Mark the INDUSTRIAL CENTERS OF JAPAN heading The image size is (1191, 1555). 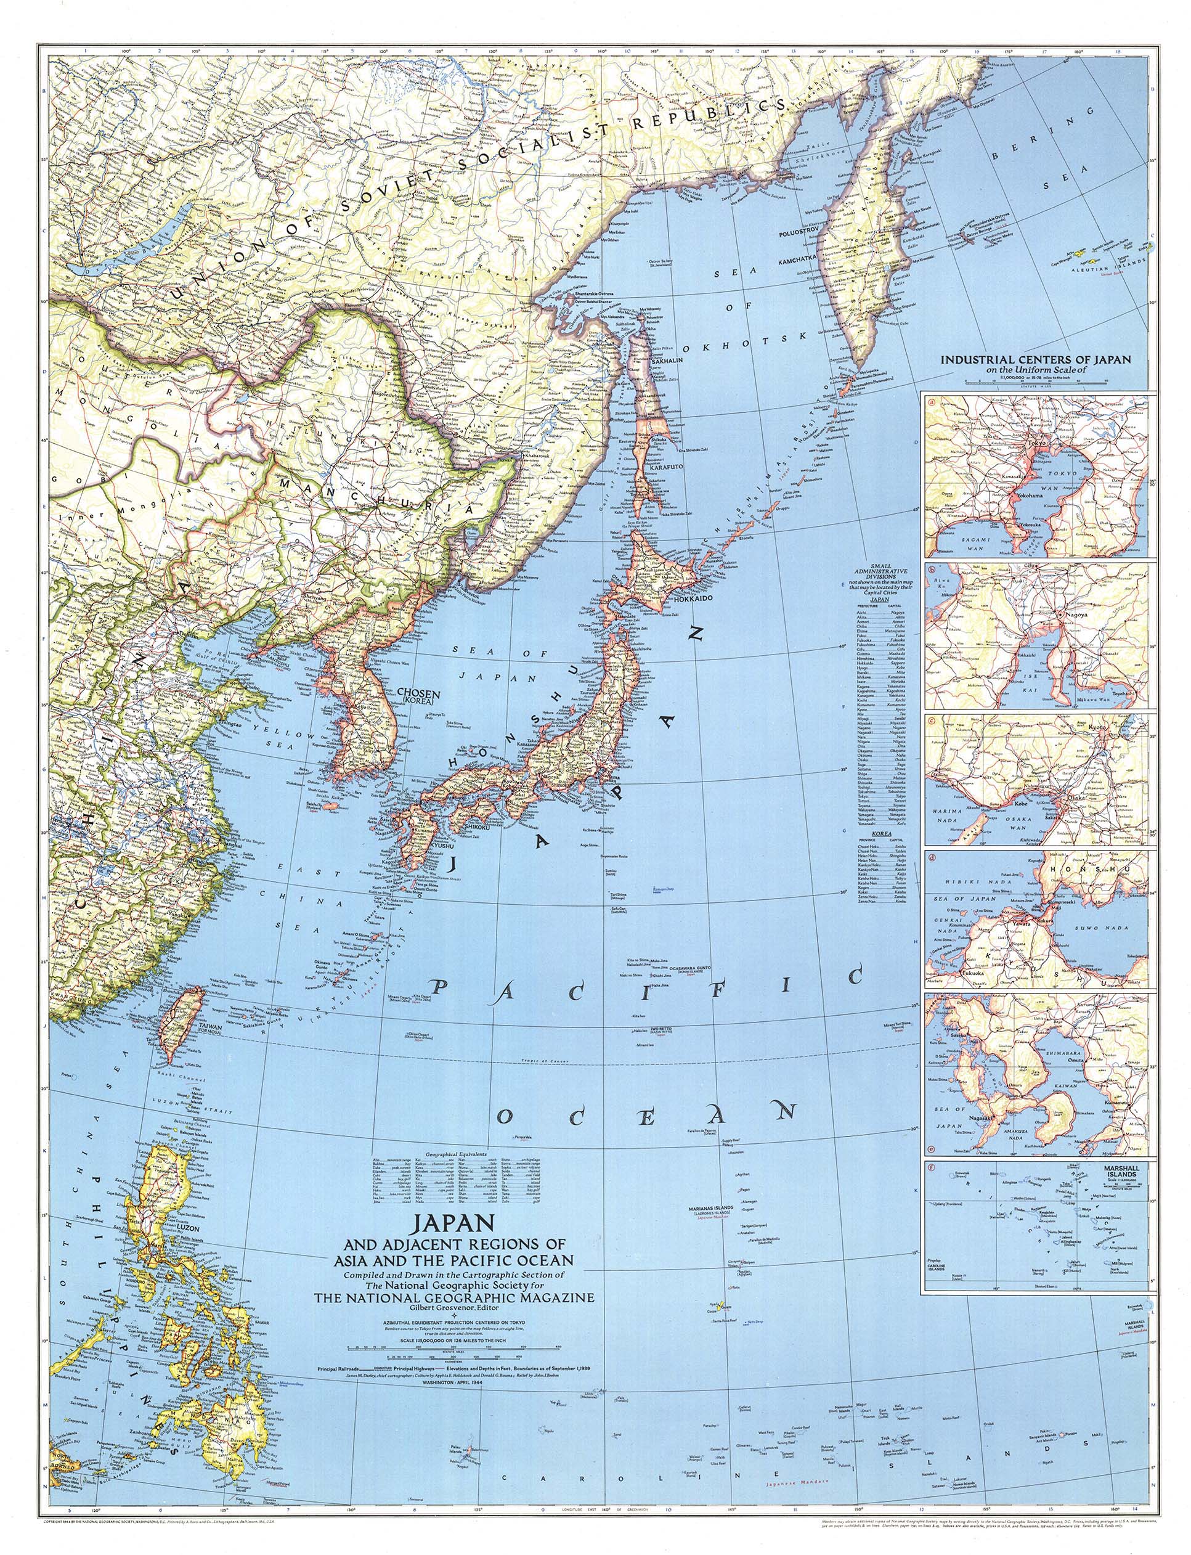point(1036,359)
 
